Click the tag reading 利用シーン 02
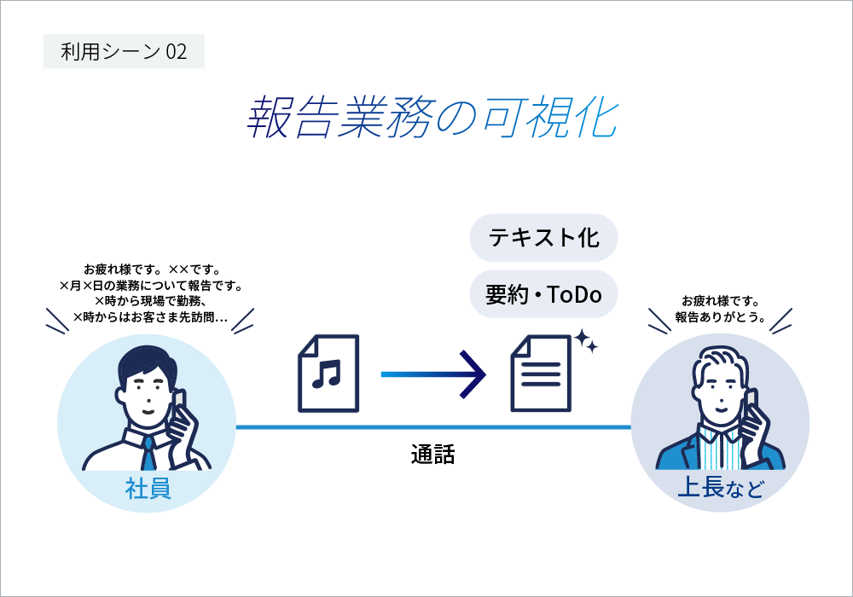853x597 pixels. [x=124, y=52]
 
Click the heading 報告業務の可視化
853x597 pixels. [x=430, y=118]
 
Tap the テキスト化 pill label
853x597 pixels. [x=543, y=237]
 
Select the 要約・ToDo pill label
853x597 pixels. [x=543, y=294]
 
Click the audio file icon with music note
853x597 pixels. [x=327, y=372]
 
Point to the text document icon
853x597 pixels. [x=540, y=374]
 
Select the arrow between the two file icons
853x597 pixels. [x=435, y=374]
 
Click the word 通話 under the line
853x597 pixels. [x=432, y=455]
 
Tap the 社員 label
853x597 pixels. [x=148, y=490]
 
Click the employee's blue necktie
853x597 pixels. [x=148, y=453]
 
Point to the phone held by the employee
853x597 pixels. [x=180, y=408]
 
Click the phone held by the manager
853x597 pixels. [x=751, y=407]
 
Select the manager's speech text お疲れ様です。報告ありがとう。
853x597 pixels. [x=720, y=309]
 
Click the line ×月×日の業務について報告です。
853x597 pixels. [x=150, y=285]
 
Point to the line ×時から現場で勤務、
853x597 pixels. [x=150, y=300]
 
